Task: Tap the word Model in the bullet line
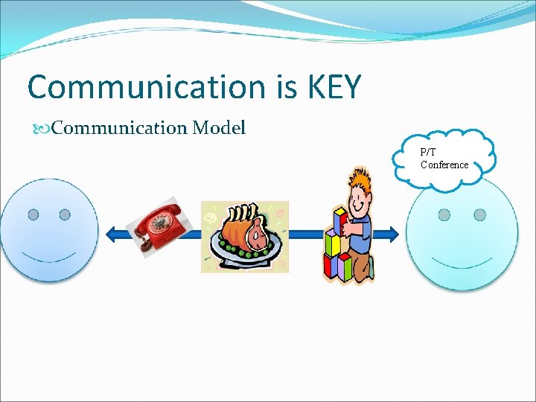pos(218,128)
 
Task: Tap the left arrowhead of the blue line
pos(112,234)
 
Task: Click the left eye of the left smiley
pos(33,214)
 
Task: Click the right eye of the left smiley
pos(65,214)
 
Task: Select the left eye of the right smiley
pos(444,214)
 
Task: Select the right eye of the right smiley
pos(479,214)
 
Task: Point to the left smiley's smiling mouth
pos(49,258)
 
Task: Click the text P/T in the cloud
pos(428,152)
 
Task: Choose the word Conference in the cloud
pos(444,165)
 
